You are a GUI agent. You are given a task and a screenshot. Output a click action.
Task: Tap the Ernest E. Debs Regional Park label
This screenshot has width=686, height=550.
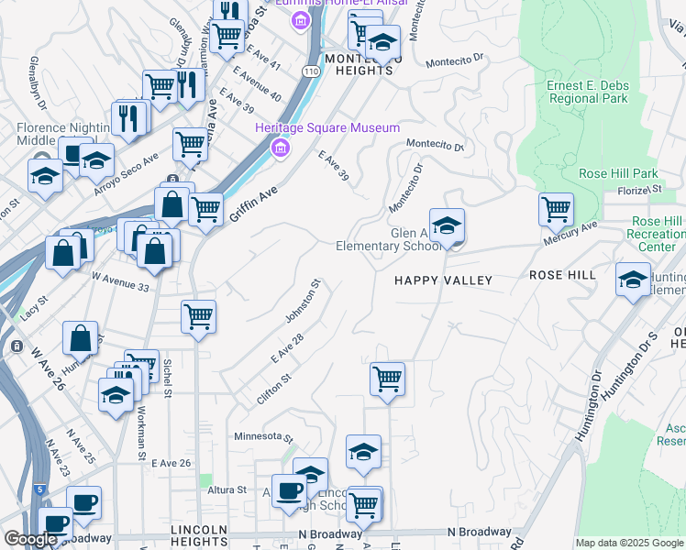click(x=588, y=92)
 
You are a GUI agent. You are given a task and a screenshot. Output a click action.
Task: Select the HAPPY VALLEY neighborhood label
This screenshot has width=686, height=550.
click(x=443, y=280)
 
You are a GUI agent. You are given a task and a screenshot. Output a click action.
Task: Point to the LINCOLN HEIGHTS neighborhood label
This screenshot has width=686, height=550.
click(x=199, y=536)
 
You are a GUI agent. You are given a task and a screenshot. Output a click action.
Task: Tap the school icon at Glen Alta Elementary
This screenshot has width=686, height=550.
click(x=447, y=225)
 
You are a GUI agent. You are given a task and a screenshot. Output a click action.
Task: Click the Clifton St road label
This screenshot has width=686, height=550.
click(x=274, y=377)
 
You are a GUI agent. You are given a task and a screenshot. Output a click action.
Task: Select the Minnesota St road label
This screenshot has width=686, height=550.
click(x=262, y=437)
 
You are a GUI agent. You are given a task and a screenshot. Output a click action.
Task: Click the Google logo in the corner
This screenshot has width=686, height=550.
click(x=30, y=539)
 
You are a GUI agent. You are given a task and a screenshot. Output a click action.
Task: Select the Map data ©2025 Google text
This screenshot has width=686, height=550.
click(x=629, y=543)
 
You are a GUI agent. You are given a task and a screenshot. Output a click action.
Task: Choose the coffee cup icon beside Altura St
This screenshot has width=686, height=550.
click(x=290, y=490)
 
